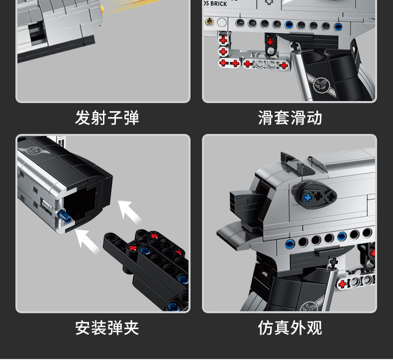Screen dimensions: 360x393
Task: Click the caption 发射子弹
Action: pyautogui.click(x=107, y=118)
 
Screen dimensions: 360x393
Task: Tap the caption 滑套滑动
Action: pyautogui.click(x=290, y=118)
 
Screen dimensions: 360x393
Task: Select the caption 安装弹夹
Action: pyautogui.click(x=107, y=328)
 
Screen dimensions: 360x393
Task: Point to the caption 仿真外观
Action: pyautogui.click(x=290, y=328)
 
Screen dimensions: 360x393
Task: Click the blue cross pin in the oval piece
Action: pyautogui.click(x=307, y=198)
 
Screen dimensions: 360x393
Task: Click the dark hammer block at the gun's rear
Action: pyautogui.click(x=243, y=202)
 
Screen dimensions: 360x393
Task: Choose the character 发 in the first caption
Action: pyautogui.click(x=83, y=118)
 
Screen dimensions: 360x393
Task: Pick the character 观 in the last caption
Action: pyautogui.click(x=314, y=328)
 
